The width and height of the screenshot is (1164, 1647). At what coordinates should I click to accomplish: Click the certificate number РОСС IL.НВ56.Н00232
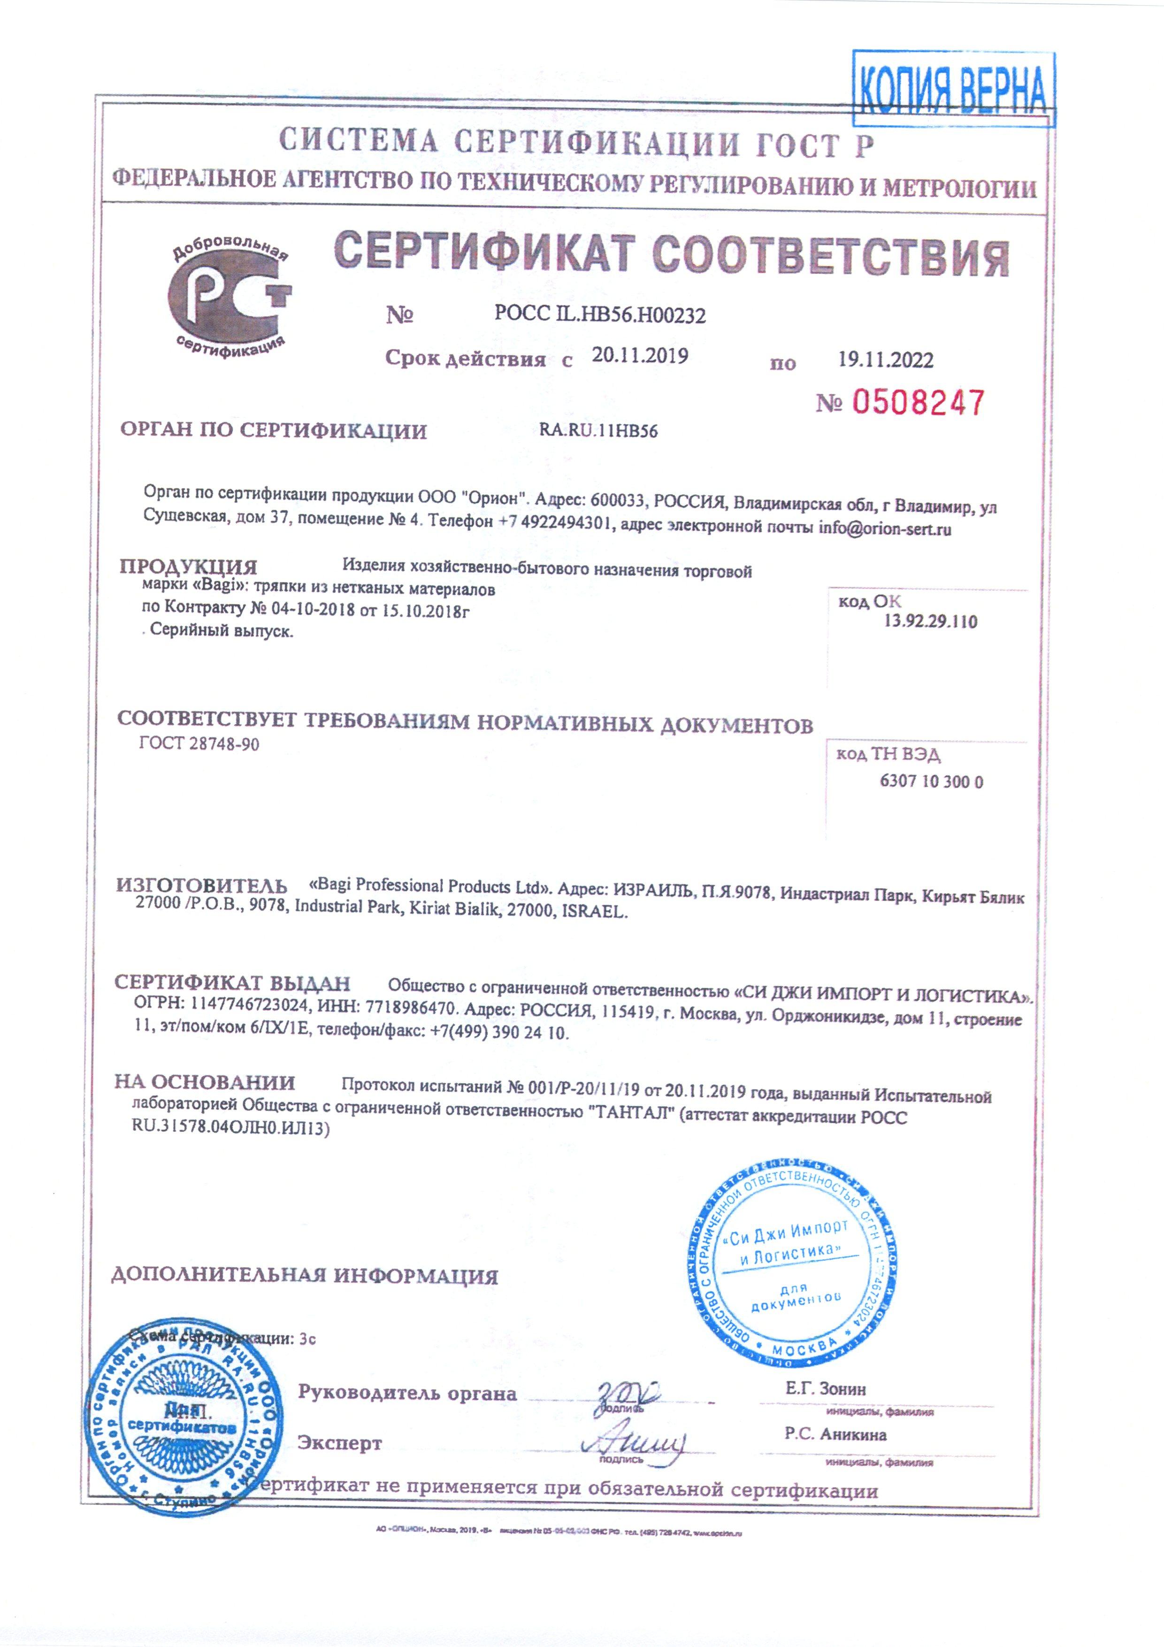(x=599, y=314)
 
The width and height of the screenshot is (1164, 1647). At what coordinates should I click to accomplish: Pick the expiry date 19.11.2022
(x=886, y=360)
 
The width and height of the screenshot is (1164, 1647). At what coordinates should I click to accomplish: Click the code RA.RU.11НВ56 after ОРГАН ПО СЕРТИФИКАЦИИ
(x=598, y=431)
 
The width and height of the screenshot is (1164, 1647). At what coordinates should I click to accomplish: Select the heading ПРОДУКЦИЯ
(x=188, y=567)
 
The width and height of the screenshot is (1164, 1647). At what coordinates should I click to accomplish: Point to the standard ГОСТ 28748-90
(x=199, y=744)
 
